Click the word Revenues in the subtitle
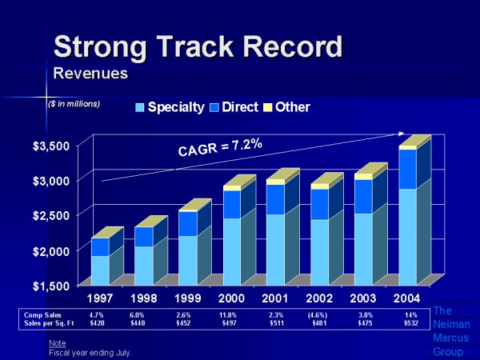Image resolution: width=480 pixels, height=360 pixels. click(x=91, y=74)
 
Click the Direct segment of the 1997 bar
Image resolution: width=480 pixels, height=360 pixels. click(x=99, y=246)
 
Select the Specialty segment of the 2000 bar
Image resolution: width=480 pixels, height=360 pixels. click(x=231, y=251)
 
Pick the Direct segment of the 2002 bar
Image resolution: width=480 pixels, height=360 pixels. click(x=319, y=204)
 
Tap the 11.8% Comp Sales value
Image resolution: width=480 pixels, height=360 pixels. click(x=228, y=315)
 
